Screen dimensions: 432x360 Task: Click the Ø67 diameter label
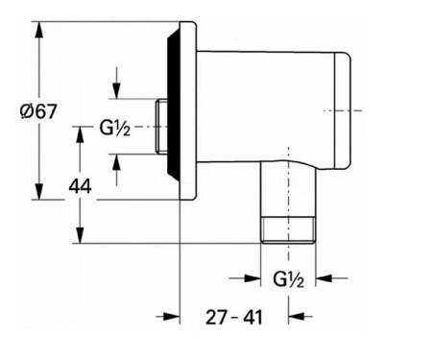38,111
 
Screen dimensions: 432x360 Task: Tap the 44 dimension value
81,186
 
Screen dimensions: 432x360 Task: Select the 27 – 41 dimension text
234,318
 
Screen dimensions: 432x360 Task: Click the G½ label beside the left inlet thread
115,128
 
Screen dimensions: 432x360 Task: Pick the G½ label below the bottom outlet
288,279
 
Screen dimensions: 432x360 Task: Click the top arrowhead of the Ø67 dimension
39,31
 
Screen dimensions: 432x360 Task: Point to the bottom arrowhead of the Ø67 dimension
39,191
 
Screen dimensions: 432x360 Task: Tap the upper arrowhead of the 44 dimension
80,135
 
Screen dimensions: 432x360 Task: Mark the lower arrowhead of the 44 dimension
80,234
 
